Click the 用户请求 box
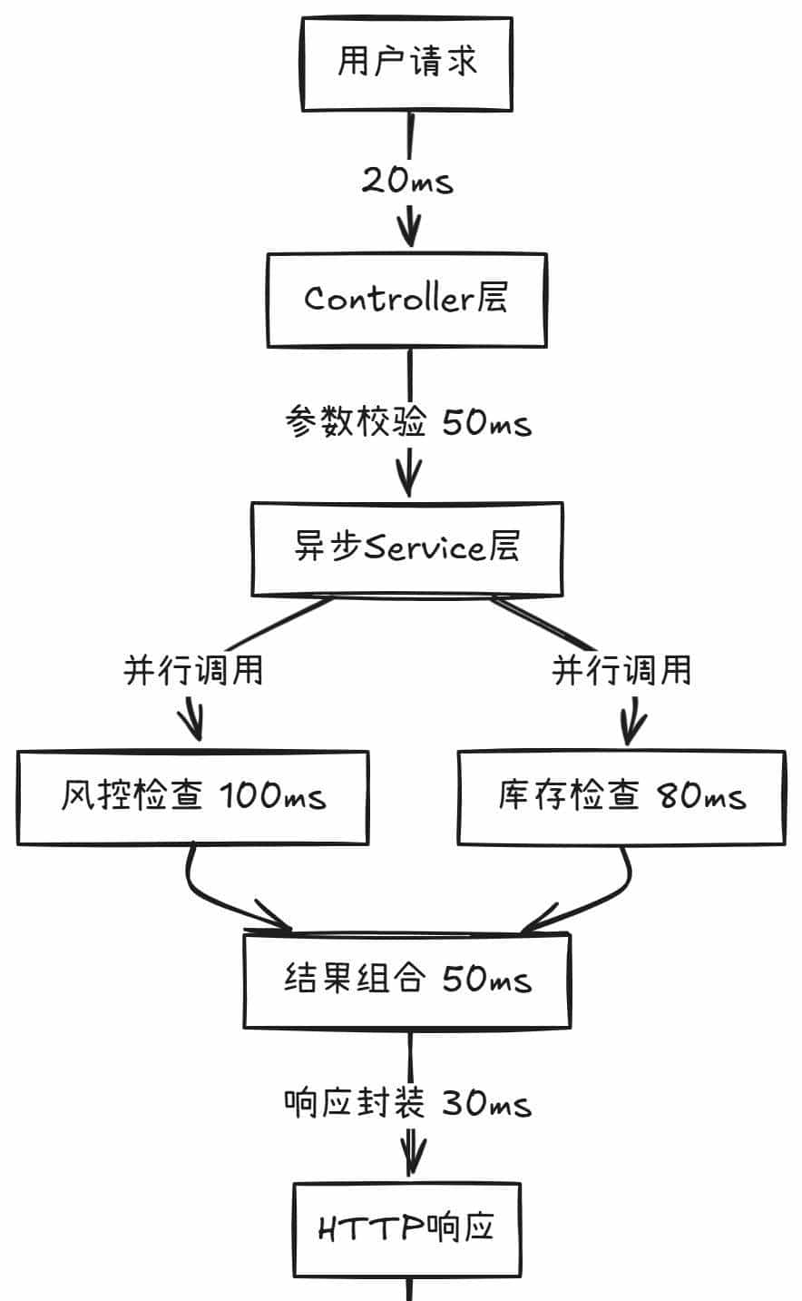407,63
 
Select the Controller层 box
406,300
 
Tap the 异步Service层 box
406,548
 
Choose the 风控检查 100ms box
192,797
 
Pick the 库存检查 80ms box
621,797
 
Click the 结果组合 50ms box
406,981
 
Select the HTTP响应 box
406,1227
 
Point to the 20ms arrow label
407,181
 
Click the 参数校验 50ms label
407,422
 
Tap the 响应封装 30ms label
407,1104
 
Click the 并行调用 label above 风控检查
193,671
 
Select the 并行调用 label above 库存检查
622,671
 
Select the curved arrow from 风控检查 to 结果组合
209,894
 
